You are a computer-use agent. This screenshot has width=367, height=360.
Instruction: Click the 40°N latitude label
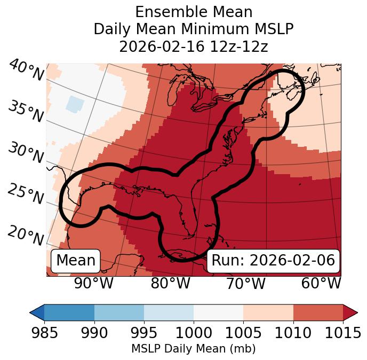(x=26, y=71)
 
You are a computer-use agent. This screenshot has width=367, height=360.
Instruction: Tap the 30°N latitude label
(x=26, y=153)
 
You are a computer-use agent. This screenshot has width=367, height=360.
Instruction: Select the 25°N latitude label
(x=26, y=194)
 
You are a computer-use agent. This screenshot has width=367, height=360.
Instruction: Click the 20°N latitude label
(x=26, y=235)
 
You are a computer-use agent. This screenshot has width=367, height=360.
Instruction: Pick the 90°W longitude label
(x=94, y=284)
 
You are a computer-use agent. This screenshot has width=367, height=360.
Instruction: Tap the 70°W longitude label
(x=246, y=284)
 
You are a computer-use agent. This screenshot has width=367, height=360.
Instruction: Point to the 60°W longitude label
(x=321, y=284)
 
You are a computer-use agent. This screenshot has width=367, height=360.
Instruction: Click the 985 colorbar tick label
(x=44, y=333)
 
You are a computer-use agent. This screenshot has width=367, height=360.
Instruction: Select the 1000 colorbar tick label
(x=194, y=333)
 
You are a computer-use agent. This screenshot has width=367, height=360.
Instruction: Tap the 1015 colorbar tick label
(x=343, y=333)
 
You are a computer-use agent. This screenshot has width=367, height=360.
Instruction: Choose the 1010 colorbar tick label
(x=293, y=333)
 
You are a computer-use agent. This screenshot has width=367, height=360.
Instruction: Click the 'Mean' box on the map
(x=76, y=261)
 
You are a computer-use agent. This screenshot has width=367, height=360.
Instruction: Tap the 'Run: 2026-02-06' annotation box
(x=273, y=261)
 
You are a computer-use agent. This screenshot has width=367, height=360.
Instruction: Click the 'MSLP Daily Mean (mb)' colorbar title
(x=193, y=349)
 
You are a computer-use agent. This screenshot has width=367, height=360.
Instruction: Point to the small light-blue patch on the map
(x=75, y=104)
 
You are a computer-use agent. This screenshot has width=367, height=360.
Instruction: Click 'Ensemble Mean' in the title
(x=194, y=12)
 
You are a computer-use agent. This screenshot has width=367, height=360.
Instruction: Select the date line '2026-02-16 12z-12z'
(x=194, y=46)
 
